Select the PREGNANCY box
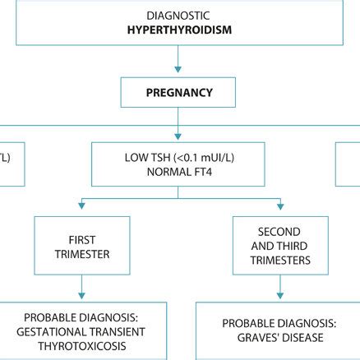178,93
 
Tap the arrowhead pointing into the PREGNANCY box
178,72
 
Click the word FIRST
81,239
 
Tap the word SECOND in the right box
279,232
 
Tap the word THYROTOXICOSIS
81,348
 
